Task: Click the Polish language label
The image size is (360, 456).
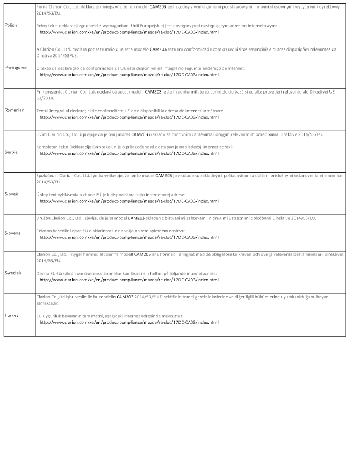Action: point(10,26)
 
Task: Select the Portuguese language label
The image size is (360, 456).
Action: point(16,68)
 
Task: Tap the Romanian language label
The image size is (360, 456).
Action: point(15,110)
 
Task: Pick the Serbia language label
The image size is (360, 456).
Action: point(11,152)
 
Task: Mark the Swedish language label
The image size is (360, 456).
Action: point(12,273)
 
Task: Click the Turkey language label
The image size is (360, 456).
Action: point(11,315)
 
